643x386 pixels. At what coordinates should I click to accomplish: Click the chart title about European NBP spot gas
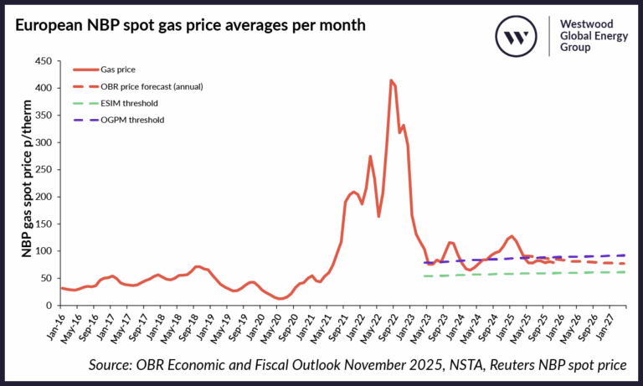(189, 25)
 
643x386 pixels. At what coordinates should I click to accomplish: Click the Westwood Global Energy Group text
(590, 36)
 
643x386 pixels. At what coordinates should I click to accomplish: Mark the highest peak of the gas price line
(391, 80)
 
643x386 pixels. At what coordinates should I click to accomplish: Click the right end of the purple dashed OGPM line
(625, 255)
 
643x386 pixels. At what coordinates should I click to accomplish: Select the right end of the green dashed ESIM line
(625, 272)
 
